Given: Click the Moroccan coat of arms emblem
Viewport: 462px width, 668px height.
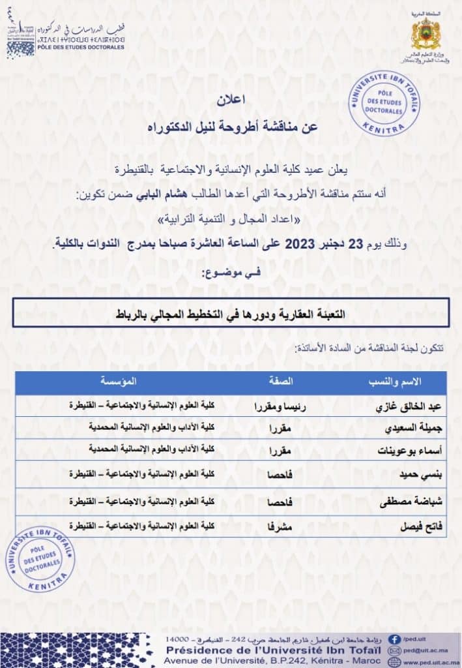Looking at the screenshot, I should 426,34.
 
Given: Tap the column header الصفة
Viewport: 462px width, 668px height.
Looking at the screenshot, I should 281,382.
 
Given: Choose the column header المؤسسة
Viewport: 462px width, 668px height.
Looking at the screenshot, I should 119,382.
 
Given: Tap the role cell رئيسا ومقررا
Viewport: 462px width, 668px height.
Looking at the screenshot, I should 280,406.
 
